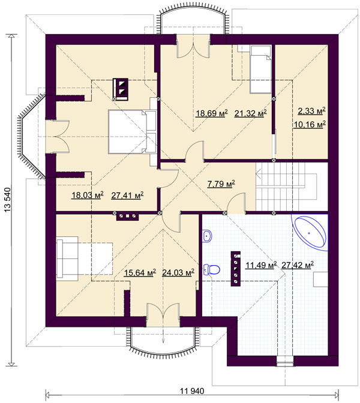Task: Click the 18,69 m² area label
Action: point(212,113)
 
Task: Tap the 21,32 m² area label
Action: point(250,113)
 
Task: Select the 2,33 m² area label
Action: point(311,111)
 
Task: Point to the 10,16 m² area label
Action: point(310,124)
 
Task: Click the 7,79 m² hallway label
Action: point(221,184)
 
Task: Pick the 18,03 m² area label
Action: point(88,195)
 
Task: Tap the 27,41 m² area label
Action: point(127,196)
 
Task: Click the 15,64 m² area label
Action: point(140,272)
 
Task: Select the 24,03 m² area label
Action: point(178,272)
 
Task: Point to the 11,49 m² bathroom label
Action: point(261,265)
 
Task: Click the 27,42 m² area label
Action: point(298,265)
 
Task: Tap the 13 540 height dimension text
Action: point(8,200)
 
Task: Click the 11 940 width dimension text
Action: point(192,391)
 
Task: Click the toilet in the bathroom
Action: point(212,270)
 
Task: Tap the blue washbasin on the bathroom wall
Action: point(207,236)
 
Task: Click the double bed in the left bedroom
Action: point(132,132)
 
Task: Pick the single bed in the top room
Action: point(261,70)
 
